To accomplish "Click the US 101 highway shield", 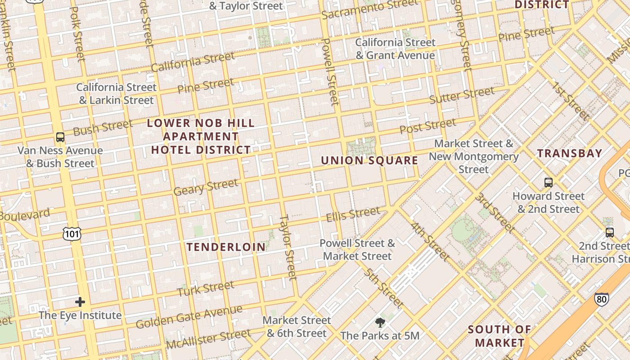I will [72, 233].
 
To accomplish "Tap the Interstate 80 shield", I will [601, 298].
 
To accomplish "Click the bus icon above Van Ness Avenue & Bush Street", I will [60, 137].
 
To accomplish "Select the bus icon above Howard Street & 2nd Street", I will [548, 183].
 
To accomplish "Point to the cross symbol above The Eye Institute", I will [80, 301].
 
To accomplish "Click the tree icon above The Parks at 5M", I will [380, 322].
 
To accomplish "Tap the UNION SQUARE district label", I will [369, 161].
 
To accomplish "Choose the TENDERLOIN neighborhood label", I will [226, 247].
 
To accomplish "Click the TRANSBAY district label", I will [569, 153].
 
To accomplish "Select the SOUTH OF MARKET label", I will [499, 336].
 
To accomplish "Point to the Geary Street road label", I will [206, 187].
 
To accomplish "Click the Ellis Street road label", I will [353, 214].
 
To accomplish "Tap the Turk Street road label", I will [206, 288].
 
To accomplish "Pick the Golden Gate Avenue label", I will [189, 316].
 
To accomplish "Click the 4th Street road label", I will [430, 241].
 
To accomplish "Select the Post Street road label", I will [427, 126].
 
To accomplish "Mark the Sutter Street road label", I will [462, 95].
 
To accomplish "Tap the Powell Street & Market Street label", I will [357, 250].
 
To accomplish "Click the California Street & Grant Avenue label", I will [396, 49].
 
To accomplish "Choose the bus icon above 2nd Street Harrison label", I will [609, 233].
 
